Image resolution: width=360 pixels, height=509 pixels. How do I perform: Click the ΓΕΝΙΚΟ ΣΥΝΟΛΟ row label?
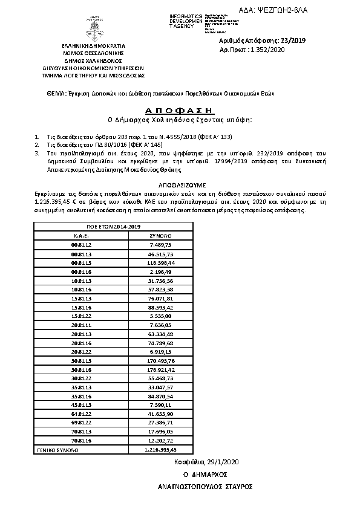(x=56, y=450)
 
